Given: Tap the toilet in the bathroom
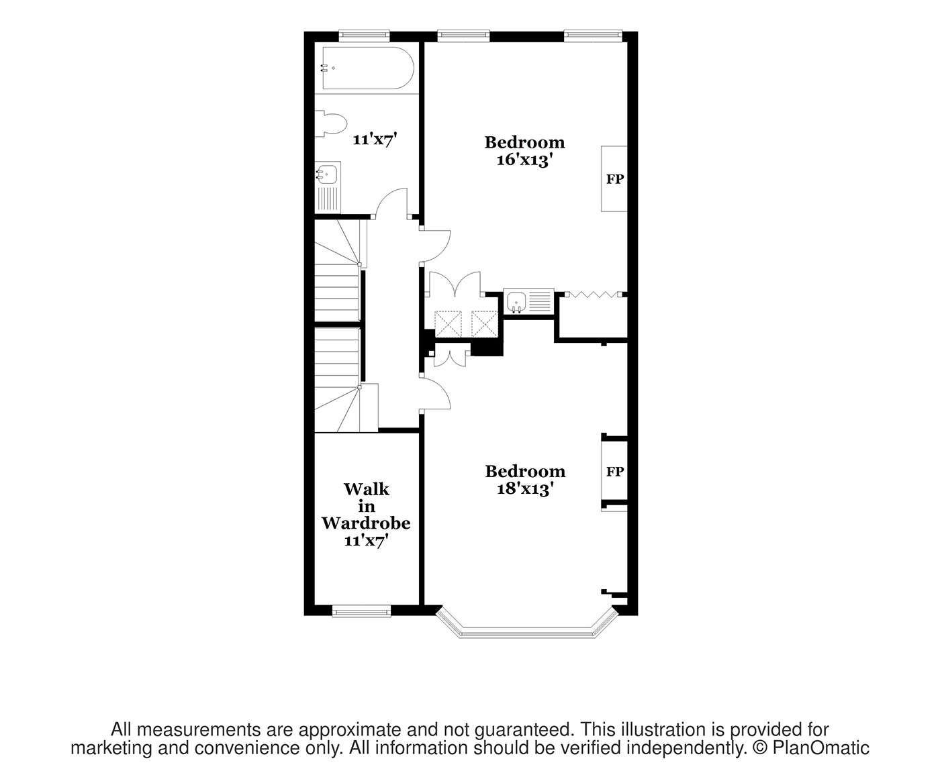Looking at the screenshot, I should pyautogui.click(x=333, y=124).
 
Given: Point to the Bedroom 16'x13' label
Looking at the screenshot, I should pyautogui.click(x=524, y=151).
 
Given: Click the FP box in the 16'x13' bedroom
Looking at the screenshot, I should pyautogui.click(x=614, y=179).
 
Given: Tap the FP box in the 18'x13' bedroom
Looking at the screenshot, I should pyautogui.click(x=614, y=472).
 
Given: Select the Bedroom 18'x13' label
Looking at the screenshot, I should pyautogui.click(x=524, y=480).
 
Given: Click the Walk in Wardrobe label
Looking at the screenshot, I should pyautogui.click(x=366, y=515).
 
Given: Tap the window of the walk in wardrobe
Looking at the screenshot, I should pyautogui.click(x=361, y=610).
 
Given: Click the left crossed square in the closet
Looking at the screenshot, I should pyautogui.click(x=446, y=323).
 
